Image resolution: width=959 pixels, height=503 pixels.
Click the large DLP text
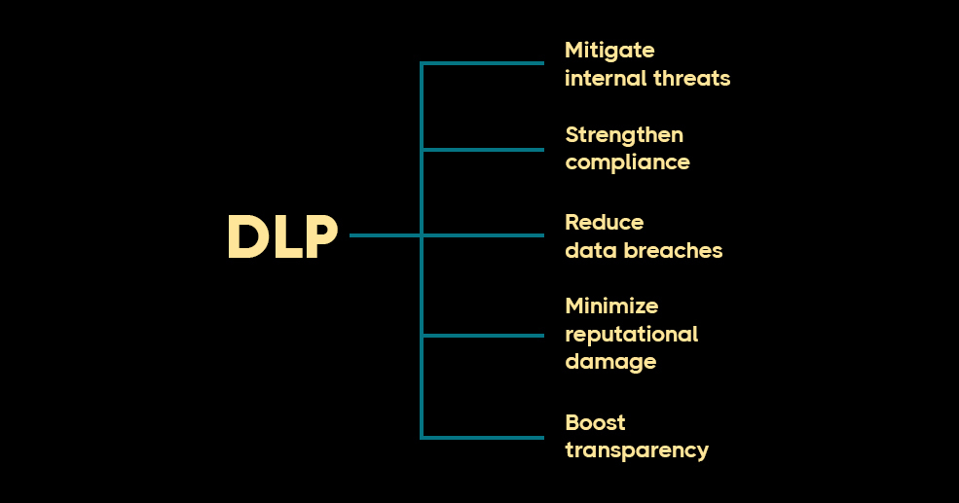[x=282, y=237]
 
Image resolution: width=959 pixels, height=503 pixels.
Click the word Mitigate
[x=609, y=50]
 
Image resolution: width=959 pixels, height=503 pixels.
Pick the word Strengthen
[x=624, y=134]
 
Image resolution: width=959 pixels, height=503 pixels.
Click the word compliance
[x=627, y=162]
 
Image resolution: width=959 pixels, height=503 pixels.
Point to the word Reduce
[x=605, y=222]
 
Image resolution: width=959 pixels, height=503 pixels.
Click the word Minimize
[x=611, y=305]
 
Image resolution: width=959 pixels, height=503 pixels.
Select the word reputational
[x=631, y=334]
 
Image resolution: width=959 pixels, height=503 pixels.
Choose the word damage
[x=610, y=362]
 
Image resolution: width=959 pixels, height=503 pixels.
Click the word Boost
[x=595, y=422]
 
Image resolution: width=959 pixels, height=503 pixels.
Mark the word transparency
[x=637, y=450]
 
